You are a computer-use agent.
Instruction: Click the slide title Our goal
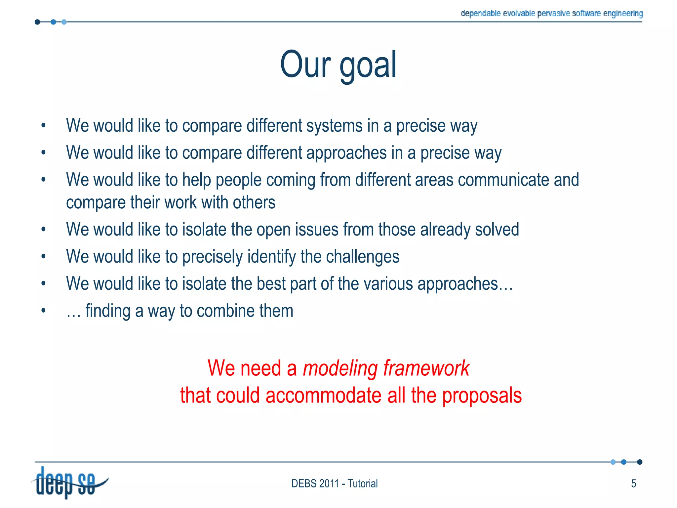338,65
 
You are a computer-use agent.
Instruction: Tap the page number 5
633,484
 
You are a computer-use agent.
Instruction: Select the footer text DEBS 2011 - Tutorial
334,484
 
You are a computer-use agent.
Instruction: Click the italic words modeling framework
386,368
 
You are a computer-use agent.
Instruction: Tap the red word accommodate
323,396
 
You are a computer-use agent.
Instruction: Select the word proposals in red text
482,396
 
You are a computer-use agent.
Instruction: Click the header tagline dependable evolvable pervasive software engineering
552,14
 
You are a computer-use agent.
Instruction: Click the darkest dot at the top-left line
37,22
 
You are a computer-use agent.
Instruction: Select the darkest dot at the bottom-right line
640,462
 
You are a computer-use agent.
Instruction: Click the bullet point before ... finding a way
43,311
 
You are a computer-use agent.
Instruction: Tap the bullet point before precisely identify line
43,256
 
